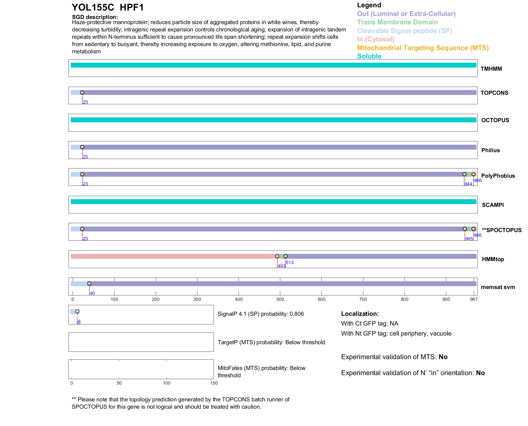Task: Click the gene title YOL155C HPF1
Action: pos(108,8)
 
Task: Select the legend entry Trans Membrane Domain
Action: pos(397,22)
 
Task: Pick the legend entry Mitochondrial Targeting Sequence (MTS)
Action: pos(423,48)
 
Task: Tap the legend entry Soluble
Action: pos(369,56)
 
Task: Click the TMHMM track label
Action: pos(491,69)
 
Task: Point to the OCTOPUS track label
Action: pos(495,120)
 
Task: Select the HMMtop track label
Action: pos(493,259)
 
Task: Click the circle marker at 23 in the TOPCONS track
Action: pos(82,93)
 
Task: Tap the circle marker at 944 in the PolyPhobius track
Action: pos(464,174)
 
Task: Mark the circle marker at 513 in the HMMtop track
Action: pos(285,256)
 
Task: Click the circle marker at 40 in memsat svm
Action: pos(89,284)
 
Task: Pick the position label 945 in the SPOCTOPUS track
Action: pos(469,239)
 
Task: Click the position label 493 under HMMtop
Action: pos(281,266)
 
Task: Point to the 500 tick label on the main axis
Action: pos(280,299)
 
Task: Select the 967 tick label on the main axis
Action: pos(474,299)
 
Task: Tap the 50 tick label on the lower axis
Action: pos(119,383)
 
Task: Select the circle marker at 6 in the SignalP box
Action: pos(77,311)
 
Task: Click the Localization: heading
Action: pos(360,314)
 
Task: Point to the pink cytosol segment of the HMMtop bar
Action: pos(173,256)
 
